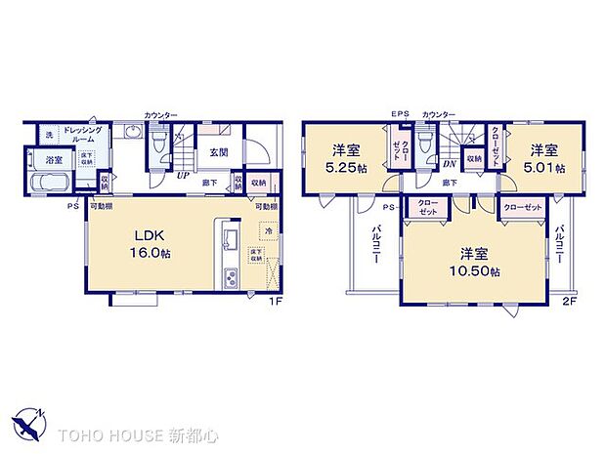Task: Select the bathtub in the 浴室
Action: pyautogui.click(x=47, y=185)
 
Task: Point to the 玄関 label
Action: pyautogui.click(x=216, y=152)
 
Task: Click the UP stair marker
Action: pyautogui.click(x=184, y=177)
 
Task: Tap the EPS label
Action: pyautogui.click(x=400, y=115)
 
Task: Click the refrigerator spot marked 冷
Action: pyautogui.click(x=265, y=233)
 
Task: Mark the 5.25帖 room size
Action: pyautogui.click(x=343, y=168)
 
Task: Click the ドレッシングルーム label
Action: pyautogui.click(x=84, y=135)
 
